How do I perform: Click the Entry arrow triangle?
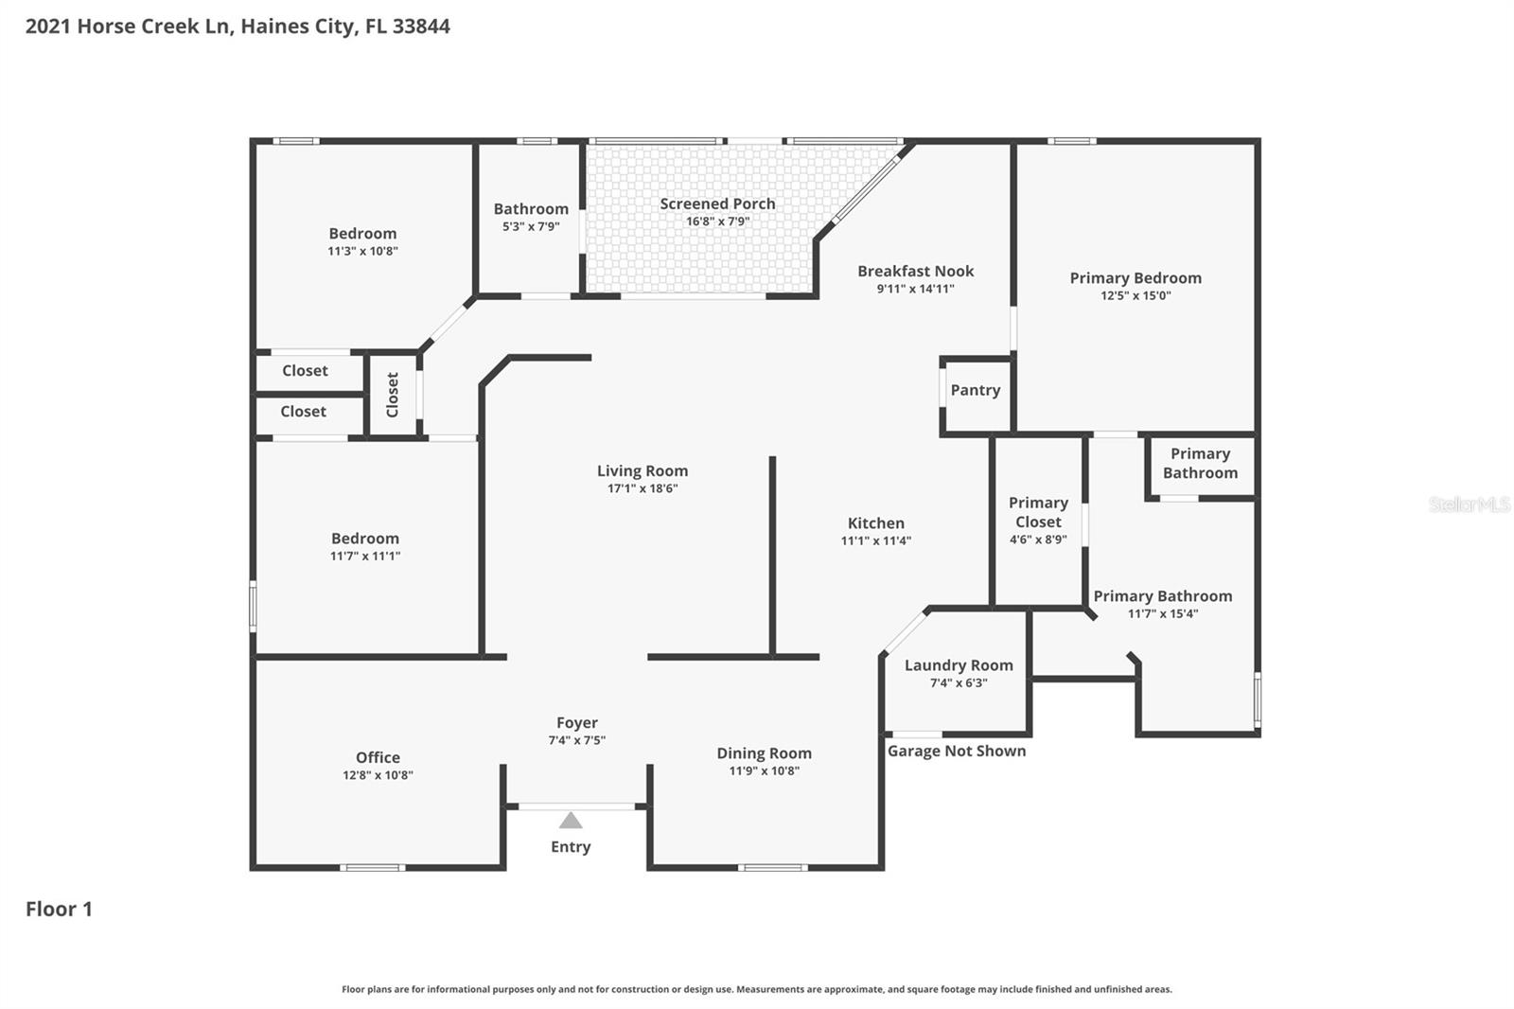[x=571, y=821]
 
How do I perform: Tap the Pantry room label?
[x=975, y=390]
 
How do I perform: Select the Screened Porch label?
[x=717, y=204]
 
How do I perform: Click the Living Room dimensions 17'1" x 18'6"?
[x=643, y=488]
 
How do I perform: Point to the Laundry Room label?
[x=959, y=665]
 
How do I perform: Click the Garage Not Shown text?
[x=956, y=751]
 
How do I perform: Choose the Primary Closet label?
[x=1038, y=512]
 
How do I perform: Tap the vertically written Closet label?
[x=393, y=394]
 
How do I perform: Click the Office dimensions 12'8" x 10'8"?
[x=378, y=775]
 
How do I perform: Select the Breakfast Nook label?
[x=915, y=271]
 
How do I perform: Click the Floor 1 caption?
[x=59, y=909]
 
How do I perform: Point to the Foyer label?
[x=576, y=723]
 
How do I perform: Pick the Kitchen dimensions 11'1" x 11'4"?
[x=875, y=540]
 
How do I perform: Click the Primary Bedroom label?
[x=1135, y=277]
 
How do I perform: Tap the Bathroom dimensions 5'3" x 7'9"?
[x=531, y=226]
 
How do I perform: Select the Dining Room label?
[x=764, y=753]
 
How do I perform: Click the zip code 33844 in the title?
[x=421, y=27]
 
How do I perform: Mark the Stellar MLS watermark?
[x=1469, y=504]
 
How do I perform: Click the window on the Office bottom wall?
[x=372, y=867]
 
